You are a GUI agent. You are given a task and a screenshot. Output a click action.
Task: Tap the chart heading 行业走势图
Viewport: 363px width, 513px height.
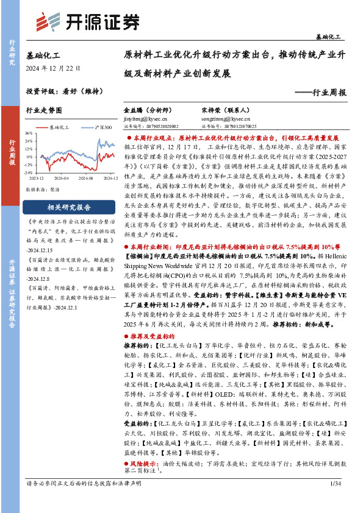click(x=44, y=111)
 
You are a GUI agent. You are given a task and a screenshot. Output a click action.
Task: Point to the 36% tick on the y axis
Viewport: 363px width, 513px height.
click(x=29, y=133)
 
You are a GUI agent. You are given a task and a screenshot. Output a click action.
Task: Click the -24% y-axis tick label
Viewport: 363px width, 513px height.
click(x=28, y=172)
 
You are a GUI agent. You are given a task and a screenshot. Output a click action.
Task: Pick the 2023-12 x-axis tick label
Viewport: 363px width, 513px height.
click(x=36, y=178)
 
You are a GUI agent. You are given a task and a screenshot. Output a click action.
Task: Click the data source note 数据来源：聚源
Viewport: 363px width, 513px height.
click(x=42, y=189)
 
